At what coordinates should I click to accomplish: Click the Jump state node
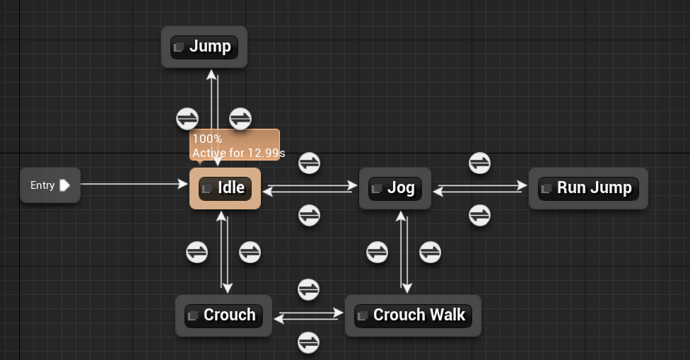click(x=204, y=47)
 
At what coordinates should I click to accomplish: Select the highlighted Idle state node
click(x=225, y=188)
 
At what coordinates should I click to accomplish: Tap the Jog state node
click(x=394, y=188)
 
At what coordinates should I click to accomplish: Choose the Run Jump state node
click(x=587, y=188)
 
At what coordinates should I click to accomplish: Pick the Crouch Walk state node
click(x=413, y=315)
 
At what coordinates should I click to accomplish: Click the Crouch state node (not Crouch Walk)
click(x=223, y=315)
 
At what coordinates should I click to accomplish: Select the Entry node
click(x=49, y=185)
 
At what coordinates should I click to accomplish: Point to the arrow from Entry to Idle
click(x=134, y=185)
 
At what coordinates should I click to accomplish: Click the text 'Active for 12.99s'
click(x=238, y=153)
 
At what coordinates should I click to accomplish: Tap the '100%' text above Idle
click(x=207, y=139)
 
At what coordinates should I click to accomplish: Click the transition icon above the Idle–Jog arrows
click(x=309, y=163)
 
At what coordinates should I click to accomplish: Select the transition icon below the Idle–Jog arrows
click(x=309, y=214)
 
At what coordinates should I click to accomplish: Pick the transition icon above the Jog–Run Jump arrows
click(x=480, y=163)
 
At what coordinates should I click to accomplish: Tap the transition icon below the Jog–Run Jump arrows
click(x=480, y=214)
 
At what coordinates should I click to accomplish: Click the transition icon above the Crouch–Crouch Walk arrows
click(x=308, y=289)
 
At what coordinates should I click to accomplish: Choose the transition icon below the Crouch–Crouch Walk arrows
click(x=308, y=342)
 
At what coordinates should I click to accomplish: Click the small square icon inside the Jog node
click(x=377, y=189)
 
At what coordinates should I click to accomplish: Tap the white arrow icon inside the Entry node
click(x=65, y=185)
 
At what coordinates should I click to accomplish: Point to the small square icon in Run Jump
click(x=546, y=189)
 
